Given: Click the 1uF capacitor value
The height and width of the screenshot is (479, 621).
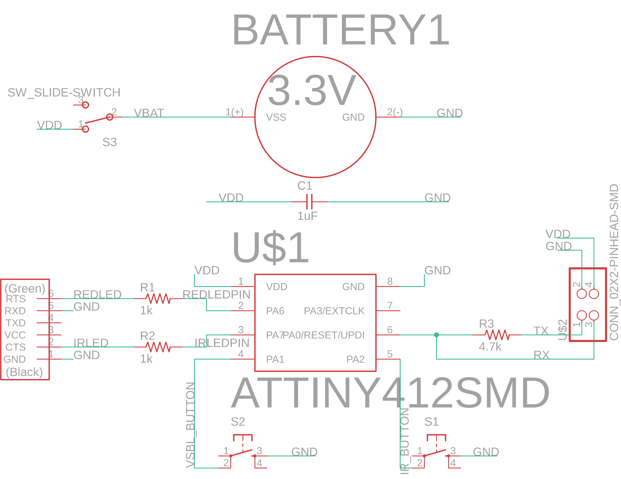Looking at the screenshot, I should click(x=307, y=216).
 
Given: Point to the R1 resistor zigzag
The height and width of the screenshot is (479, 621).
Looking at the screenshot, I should click(x=158, y=298).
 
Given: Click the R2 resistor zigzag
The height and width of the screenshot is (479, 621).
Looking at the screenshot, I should click(x=158, y=347).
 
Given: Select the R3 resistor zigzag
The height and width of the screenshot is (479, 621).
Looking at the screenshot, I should click(x=497, y=335).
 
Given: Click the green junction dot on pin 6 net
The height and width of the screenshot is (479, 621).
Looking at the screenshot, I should click(x=436, y=335).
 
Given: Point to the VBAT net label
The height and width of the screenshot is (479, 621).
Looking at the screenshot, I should click(x=149, y=113).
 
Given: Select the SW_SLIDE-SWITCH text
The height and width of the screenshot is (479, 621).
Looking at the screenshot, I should click(x=64, y=92).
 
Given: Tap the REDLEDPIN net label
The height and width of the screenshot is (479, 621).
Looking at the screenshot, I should click(x=216, y=295).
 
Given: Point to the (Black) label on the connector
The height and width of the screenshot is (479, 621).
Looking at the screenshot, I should click(x=24, y=372).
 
